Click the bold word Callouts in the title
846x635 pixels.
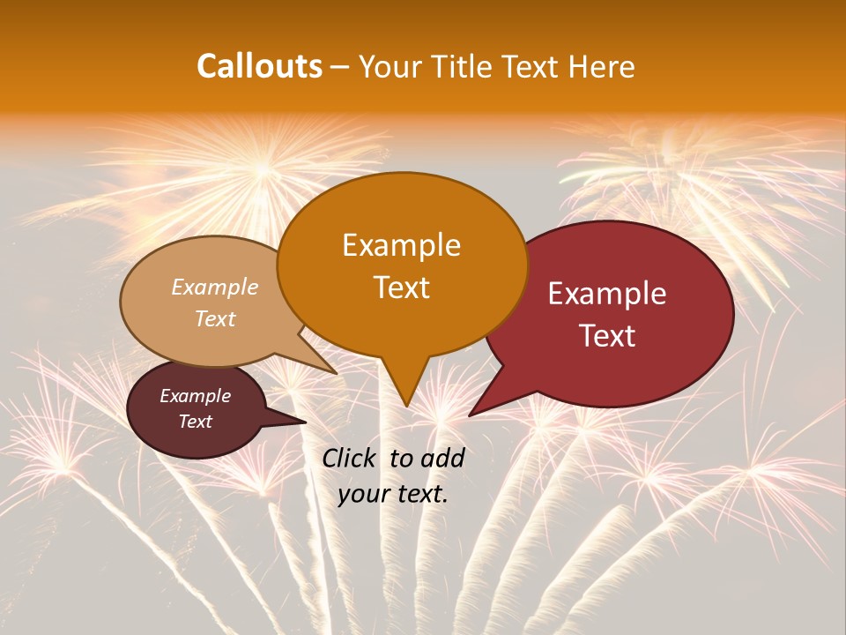[x=259, y=66]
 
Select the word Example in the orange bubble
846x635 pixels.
[x=401, y=244]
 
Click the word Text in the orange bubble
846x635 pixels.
[x=401, y=287]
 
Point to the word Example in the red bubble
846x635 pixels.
[x=606, y=294]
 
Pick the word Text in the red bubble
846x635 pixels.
[x=607, y=335]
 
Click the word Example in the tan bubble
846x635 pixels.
[x=214, y=287]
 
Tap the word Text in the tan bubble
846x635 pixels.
[x=214, y=318]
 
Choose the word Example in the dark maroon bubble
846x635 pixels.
[x=195, y=396]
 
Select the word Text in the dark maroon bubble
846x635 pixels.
[x=195, y=422]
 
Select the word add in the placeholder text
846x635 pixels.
[x=443, y=458]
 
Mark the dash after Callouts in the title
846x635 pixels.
[x=341, y=67]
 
